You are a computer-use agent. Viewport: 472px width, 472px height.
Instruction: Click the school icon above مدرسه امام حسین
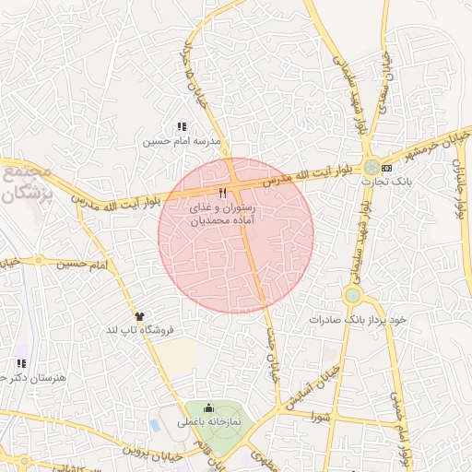tap(181, 127)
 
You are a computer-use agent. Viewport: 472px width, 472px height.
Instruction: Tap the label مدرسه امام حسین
tap(181, 143)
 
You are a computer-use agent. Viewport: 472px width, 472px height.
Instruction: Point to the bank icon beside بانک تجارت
tap(386, 168)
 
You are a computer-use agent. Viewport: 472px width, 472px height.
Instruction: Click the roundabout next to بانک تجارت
tap(372, 168)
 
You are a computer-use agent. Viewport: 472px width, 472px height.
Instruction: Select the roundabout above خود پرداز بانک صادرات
tap(352, 296)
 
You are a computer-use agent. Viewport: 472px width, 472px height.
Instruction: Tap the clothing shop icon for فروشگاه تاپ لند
tap(138, 315)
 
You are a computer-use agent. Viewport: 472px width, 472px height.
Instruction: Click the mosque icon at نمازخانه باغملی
tap(207, 408)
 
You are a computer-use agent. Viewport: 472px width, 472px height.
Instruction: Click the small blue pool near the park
tap(154, 426)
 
